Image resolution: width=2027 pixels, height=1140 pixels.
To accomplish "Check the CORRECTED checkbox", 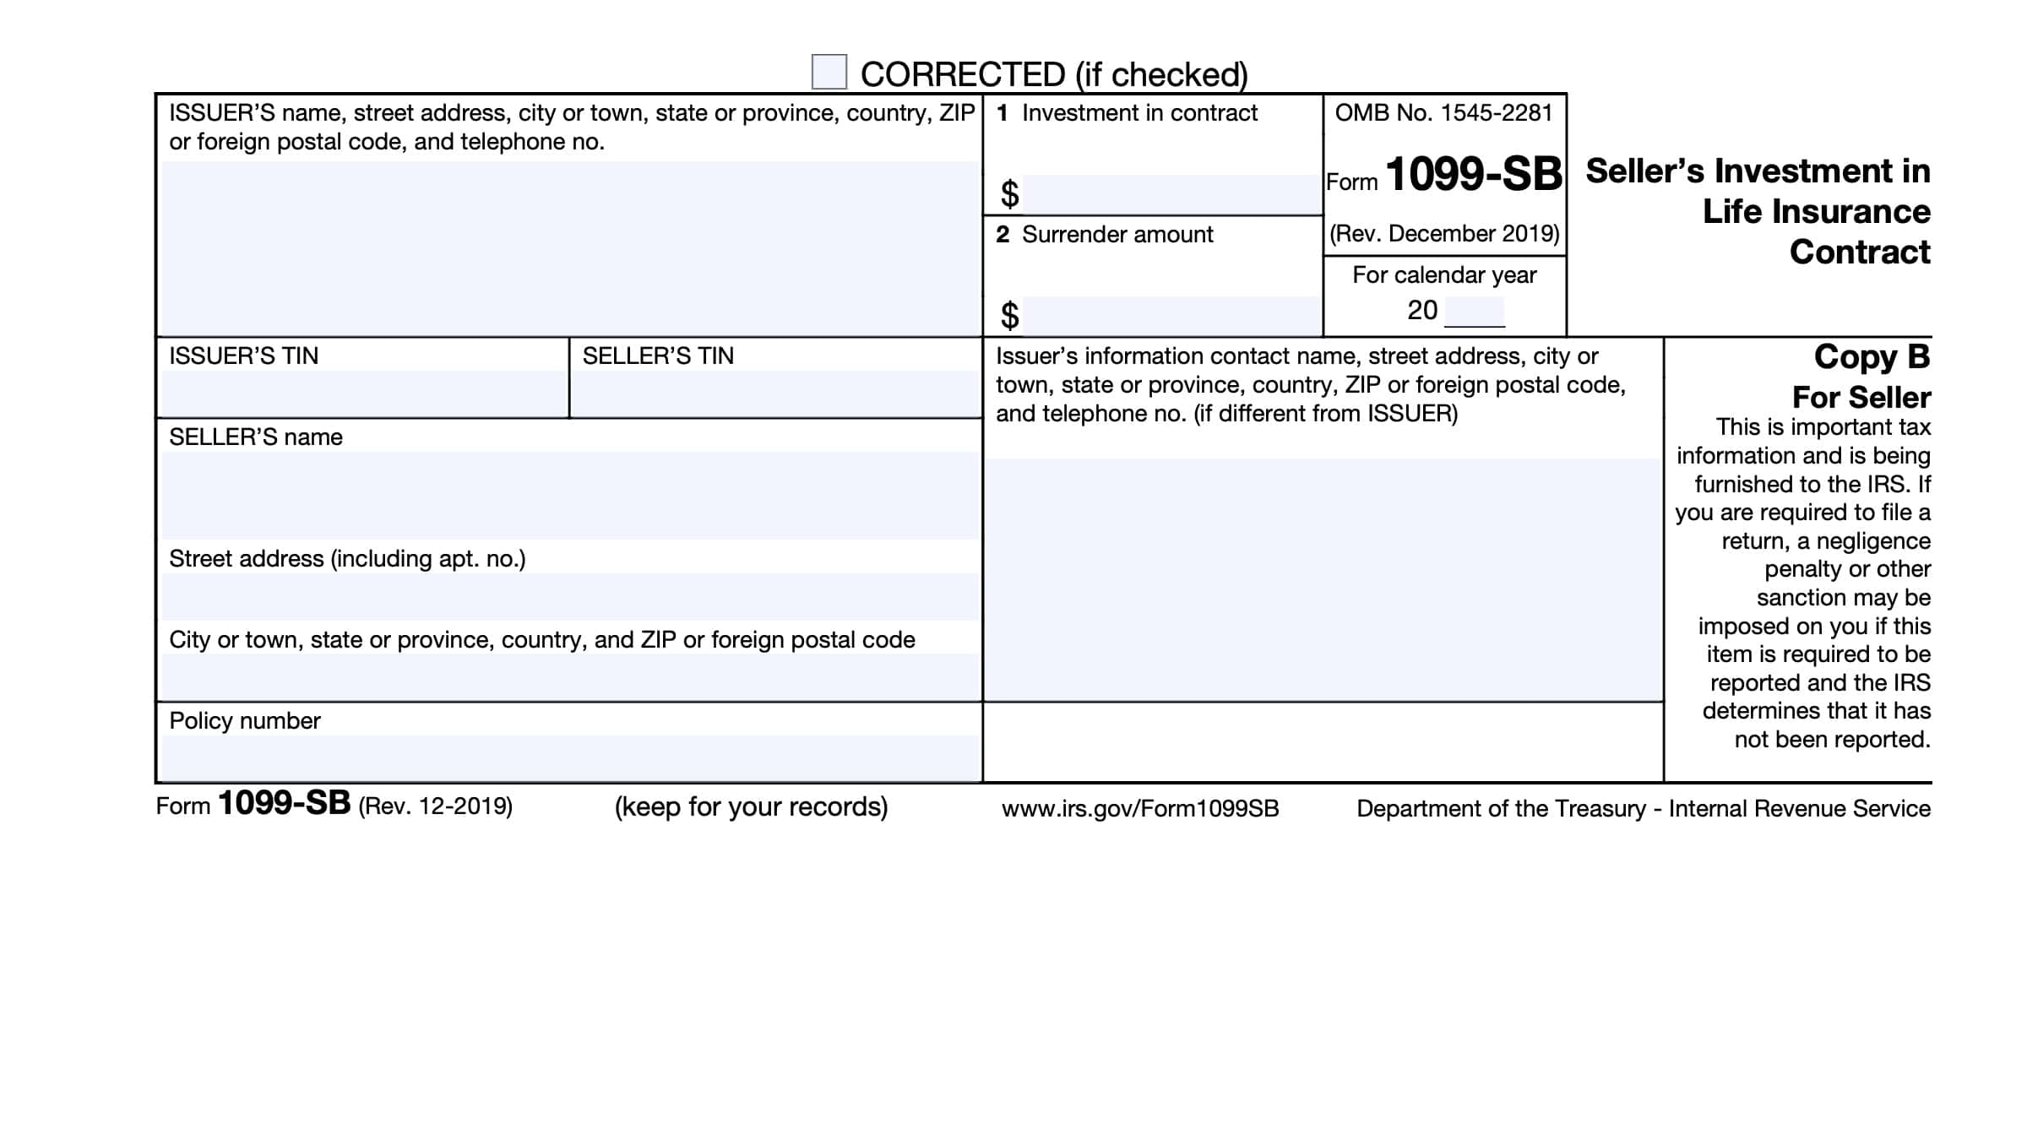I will tap(829, 72).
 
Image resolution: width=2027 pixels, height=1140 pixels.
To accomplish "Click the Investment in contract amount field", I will tap(1171, 194).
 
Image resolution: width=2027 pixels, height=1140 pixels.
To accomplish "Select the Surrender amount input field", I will tap(1171, 315).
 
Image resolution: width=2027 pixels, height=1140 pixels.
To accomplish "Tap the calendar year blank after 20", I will tap(1474, 311).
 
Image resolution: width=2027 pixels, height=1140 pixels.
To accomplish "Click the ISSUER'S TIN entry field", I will tap(363, 393).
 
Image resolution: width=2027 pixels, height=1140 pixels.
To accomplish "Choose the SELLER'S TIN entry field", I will tap(774, 393).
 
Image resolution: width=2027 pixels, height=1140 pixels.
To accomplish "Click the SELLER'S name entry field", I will tap(570, 495).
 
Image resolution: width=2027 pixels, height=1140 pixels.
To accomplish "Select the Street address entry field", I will tap(570, 596).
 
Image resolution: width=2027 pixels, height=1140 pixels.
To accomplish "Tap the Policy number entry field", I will tap(570, 757).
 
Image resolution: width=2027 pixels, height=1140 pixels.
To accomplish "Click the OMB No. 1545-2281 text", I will tap(1443, 113).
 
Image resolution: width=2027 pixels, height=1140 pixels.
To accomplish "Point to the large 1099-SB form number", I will tap(1473, 174).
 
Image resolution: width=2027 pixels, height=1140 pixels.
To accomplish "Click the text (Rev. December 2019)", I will tap(1444, 234).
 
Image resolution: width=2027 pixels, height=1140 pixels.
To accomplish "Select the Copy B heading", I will tap(1872, 357).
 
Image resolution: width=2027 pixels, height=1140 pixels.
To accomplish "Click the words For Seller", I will tap(1861, 397).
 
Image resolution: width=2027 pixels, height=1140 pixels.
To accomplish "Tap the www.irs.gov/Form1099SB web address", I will tap(1140, 809).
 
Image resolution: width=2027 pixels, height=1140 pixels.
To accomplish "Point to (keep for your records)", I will tap(751, 807).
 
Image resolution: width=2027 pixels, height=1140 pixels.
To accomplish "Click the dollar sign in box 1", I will tap(1009, 194).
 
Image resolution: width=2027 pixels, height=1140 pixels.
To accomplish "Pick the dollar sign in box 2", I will tap(1009, 316).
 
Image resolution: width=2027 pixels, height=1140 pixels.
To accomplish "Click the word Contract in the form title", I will tap(1859, 252).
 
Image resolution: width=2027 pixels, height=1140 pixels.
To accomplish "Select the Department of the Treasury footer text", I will tap(1643, 809).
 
